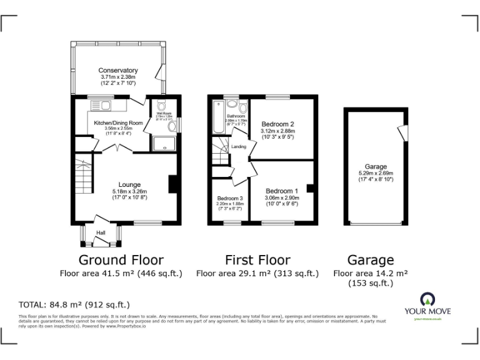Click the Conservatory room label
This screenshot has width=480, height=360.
pos(117,71)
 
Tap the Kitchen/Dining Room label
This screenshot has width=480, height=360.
pos(118,123)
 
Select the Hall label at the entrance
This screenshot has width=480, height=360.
pos(101,234)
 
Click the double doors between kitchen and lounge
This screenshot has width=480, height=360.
pos(120,149)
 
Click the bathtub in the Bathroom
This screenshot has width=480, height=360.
pos(218,116)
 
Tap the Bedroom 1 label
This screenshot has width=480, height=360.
pos(282,191)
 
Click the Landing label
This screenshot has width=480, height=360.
pos(238,147)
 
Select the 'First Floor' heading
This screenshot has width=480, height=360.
pos(257,259)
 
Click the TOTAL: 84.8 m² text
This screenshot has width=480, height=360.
pos(74,305)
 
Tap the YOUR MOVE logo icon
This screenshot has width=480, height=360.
pos(427,298)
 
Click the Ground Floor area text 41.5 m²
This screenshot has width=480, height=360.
pos(121,273)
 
